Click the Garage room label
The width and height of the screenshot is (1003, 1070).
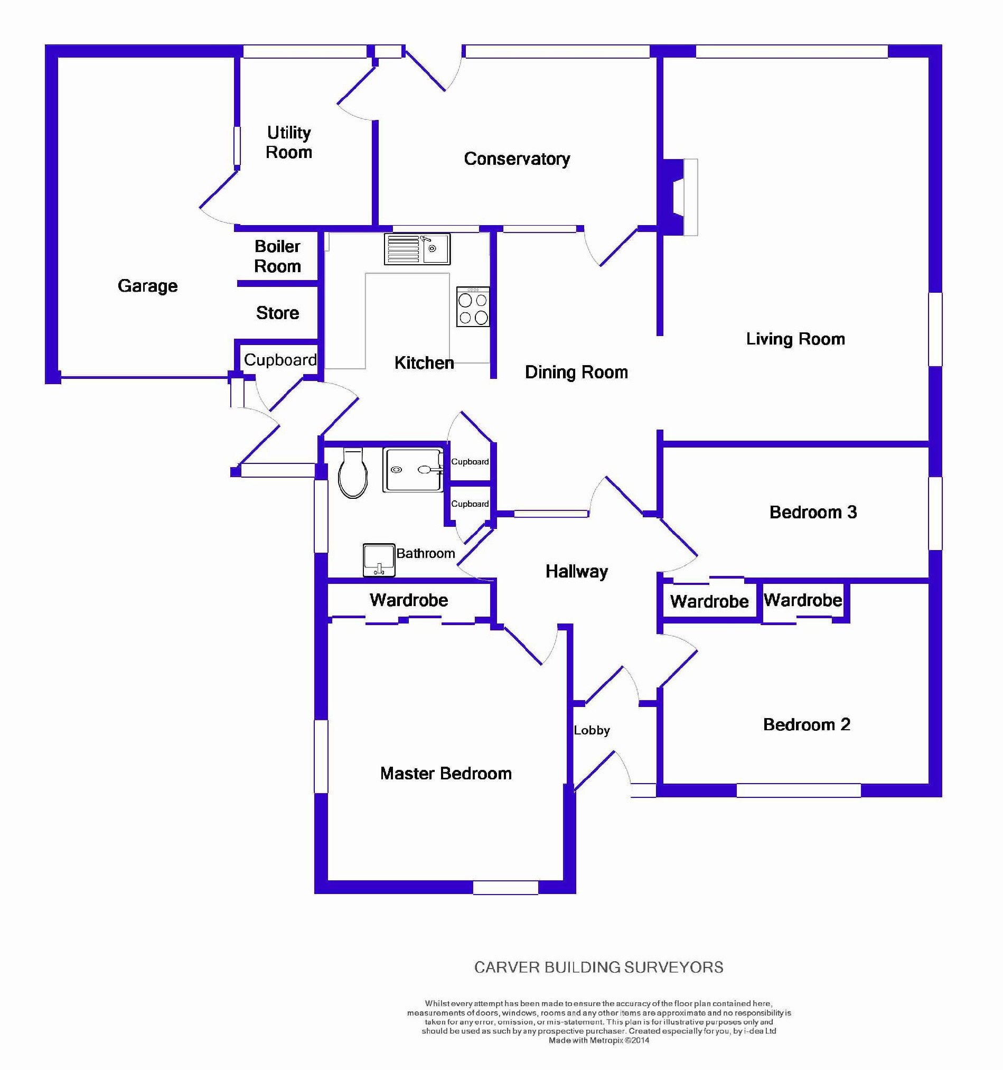click(147, 286)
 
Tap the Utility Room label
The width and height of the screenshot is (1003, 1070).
click(289, 143)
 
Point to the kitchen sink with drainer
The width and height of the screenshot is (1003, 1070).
click(417, 249)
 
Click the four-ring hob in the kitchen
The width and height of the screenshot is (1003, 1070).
click(473, 307)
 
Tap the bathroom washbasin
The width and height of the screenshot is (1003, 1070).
click(379, 560)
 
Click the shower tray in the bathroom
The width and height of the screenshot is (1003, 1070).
click(413, 470)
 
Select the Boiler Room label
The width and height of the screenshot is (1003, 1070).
click(277, 256)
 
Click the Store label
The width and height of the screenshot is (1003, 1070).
click(277, 313)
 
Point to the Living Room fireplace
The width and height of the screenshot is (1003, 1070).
click(680, 197)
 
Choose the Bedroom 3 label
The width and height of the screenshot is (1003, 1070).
click(812, 512)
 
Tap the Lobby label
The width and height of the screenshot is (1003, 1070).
click(592, 730)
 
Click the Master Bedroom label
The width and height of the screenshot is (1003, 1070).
click(446, 774)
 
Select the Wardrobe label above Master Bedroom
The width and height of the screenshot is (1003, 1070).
click(408, 600)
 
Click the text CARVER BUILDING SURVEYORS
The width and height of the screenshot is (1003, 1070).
click(598, 967)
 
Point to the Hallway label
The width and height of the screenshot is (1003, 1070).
click(576, 572)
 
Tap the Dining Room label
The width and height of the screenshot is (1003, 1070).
click(576, 372)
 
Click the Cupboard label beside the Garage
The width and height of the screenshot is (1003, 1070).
click(280, 359)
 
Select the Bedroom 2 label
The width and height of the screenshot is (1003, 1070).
click(806, 724)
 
